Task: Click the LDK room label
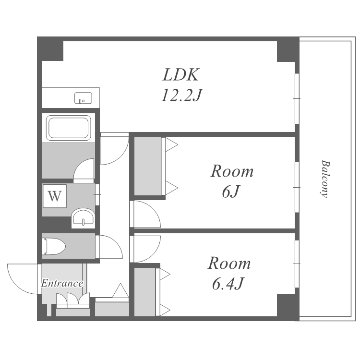[180, 74]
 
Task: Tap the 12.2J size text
[181, 95]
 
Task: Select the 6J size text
[231, 192]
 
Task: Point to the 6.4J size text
[228, 284]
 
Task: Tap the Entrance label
[62, 283]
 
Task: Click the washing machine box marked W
[55, 196]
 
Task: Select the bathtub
[69, 128]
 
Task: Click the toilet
[54, 246]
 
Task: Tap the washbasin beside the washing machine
[83, 218]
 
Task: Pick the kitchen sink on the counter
[83, 98]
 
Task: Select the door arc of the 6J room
[152, 208]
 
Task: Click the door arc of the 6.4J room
[153, 254]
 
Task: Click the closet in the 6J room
[147, 166]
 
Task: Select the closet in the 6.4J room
[144, 292]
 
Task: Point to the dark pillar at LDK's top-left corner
[50, 48]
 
